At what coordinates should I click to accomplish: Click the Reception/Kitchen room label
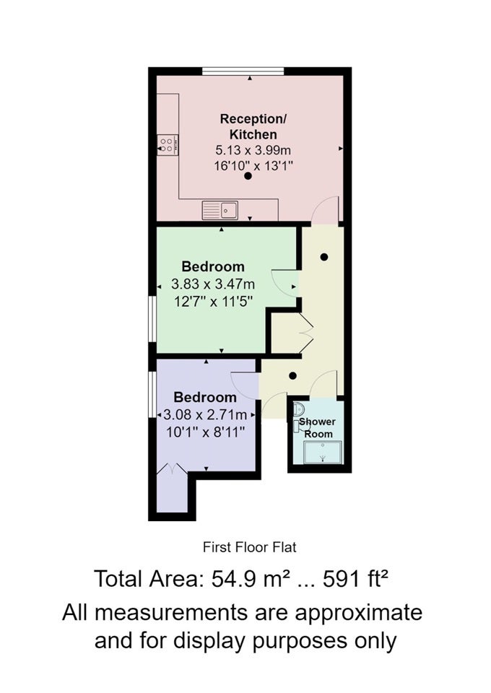(x=253, y=126)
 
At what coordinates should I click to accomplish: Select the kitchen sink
(x=220, y=210)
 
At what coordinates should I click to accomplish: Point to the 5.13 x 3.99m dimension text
(x=253, y=150)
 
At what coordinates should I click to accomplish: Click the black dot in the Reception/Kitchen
(x=248, y=176)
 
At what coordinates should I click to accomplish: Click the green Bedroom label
(x=213, y=266)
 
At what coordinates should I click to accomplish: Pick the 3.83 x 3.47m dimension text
(x=213, y=284)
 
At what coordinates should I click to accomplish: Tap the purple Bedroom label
(x=205, y=397)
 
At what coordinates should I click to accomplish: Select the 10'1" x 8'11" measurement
(x=206, y=432)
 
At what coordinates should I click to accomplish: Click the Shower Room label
(x=317, y=428)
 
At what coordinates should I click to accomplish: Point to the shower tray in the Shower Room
(x=323, y=452)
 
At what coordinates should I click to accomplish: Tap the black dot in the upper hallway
(x=324, y=257)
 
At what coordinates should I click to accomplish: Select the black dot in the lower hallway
(x=292, y=376)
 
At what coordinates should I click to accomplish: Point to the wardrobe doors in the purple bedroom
(x=173, y=468)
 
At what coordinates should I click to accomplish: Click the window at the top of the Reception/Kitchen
(x=243, y=71)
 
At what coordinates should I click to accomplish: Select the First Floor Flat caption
(x=250, y=547)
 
